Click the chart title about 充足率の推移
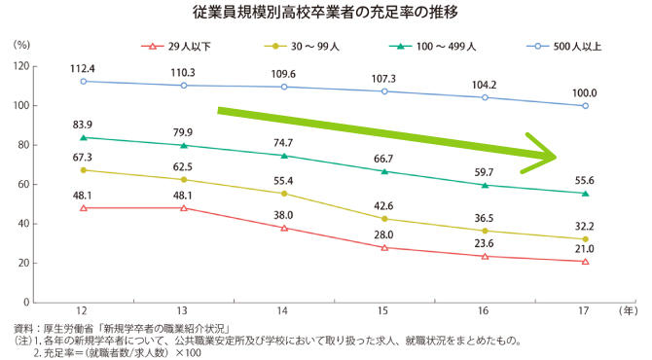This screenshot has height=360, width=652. tap(326, 14)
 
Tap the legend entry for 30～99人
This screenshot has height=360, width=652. tap(307, 45)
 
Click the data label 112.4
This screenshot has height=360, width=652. tap(84, 68)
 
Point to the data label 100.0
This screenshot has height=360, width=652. tap(584, 92)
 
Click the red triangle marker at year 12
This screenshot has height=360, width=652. tap(84, 207)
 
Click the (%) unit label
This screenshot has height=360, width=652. tap(22, 45)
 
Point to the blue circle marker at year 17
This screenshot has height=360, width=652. tap(585, 106)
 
